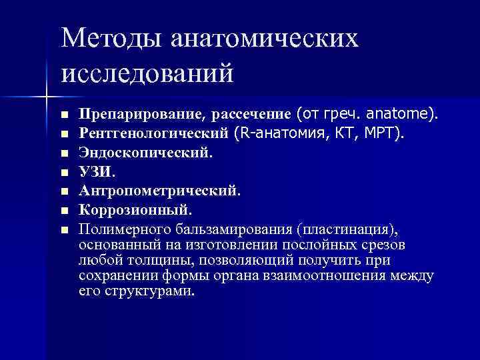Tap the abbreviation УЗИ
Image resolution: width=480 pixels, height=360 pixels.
click(96, 172)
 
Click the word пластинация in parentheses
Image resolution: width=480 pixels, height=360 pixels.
click(346, 230)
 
